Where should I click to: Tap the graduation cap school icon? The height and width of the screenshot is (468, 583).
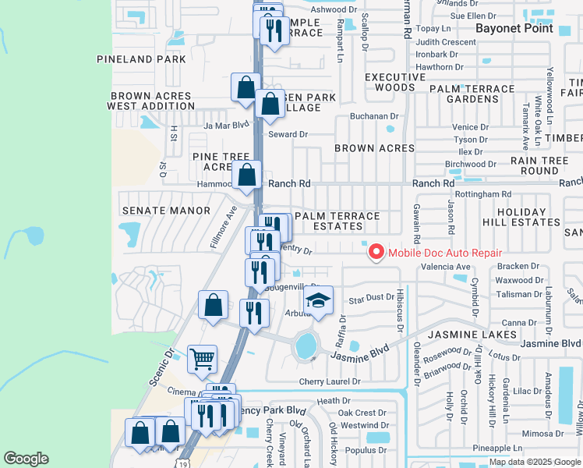[318, 301]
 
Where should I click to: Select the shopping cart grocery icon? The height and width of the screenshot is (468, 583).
[202, 360]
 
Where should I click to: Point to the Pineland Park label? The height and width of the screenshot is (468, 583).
[142, 59]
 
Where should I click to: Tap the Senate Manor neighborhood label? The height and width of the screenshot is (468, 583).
[166, 211]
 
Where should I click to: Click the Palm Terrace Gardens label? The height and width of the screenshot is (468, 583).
[475, 94]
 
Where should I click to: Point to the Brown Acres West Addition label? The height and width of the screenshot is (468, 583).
[150, 101]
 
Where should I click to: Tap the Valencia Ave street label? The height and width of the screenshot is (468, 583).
[447, 267]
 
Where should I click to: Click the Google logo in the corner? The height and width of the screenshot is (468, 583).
[26, 459]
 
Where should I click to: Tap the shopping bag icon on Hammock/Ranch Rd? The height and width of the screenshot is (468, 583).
[246, 176]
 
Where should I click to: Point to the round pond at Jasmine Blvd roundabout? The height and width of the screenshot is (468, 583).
[306, 344]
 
